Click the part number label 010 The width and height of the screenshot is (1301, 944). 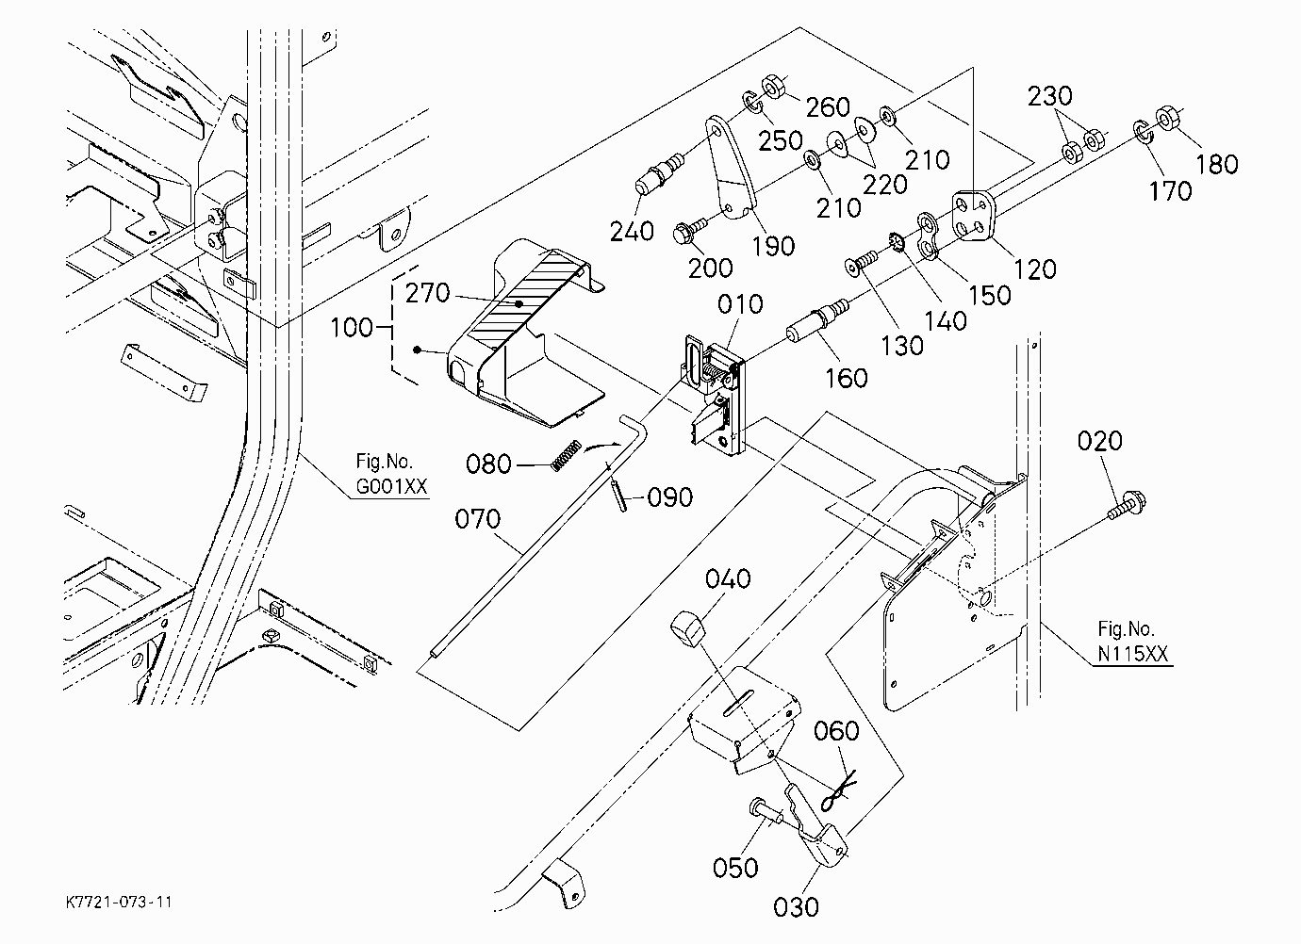click(x=740, y=303)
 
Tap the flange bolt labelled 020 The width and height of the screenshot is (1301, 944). click(x=1127, y=506)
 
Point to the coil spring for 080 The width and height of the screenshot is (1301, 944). click(x=565, y=456)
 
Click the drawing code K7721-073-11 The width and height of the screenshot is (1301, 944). click(x=119, y=903)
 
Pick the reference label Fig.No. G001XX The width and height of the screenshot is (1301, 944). click(x=391, y=474)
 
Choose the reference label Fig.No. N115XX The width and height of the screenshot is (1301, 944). click(x=1132, y=642)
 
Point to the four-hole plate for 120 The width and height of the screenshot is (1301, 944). click(x=975, y=216)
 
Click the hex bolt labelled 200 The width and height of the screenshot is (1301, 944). click(x=689, y=230)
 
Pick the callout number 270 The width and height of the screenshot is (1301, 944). click(x=427, y=294)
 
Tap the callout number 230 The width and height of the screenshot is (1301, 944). click(x=1049, y=96)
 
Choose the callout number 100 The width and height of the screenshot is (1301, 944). click(x=352, y=328)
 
